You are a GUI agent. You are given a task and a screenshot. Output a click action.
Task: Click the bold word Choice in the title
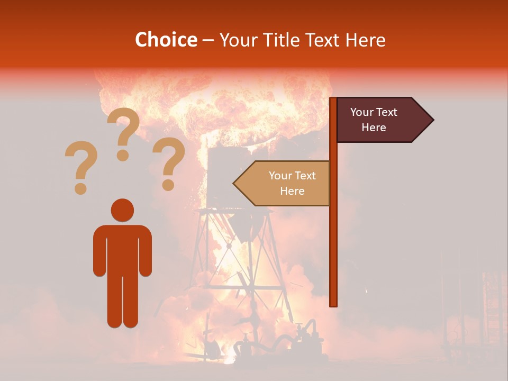pos(166,40)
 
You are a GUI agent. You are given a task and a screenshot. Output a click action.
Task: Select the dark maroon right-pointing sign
pos(381,120)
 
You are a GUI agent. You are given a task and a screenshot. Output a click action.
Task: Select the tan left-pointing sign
pos(286,183)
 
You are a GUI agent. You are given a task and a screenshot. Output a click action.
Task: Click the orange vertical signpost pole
pos(333,238)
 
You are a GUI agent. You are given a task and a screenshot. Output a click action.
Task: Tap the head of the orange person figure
pos(122,210)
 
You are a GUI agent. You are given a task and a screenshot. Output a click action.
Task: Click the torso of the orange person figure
pos(122,249)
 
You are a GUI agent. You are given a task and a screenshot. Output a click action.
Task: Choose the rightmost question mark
pos(169,161)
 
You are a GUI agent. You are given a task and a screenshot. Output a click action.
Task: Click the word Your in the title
pos(237,40)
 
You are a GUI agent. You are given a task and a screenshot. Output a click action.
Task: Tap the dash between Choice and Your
pos(208,40)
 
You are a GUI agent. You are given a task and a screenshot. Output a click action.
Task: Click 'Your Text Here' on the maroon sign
pos(374,120)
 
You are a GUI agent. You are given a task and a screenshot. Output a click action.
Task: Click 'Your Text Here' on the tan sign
pos(292,183)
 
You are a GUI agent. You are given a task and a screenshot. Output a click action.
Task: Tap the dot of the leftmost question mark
pos(80,188)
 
